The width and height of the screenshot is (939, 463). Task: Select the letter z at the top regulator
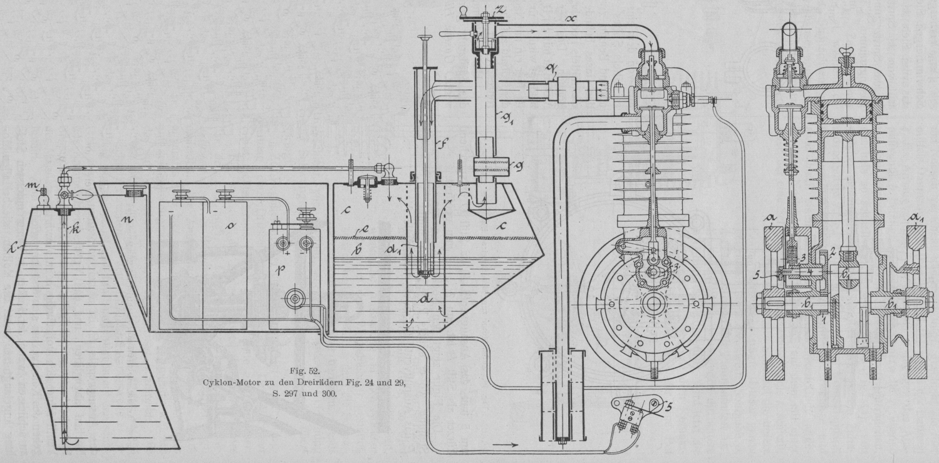(x=499, y=8)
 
